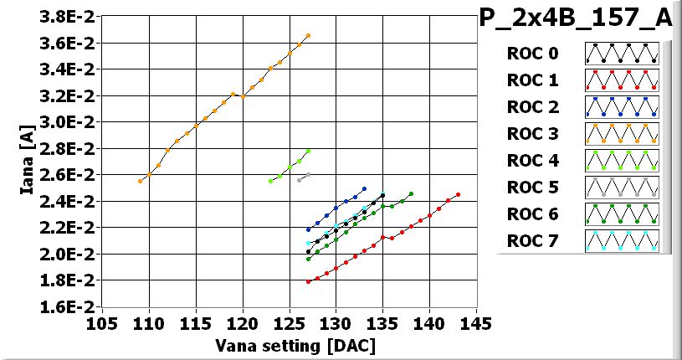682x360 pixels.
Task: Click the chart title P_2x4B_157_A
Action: pyautogui.click(x=576, y=19)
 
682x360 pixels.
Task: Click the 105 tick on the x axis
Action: pyautogui.click(x=102, y=324)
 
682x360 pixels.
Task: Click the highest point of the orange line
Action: pyautogui.click(x=308, y=35)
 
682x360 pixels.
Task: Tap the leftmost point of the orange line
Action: pyautogui.click(x=140, y=181)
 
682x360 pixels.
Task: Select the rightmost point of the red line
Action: pyautogui.click(x=458, y=194)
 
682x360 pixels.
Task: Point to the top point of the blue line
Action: pyautogui.click(x=364, y=188)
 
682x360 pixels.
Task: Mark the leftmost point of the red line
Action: pyautogui.click(x=308, y=281)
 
